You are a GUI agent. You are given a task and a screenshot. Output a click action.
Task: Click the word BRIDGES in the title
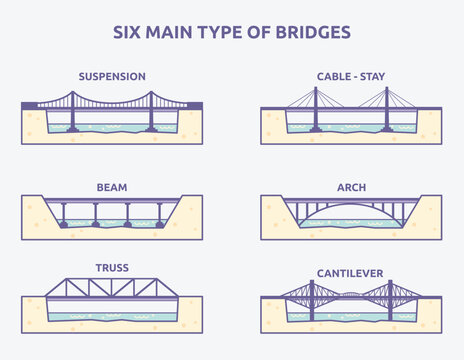pyautogui.click(x=314, y=32)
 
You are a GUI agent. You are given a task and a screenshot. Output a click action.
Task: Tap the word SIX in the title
pyautogui.click(x=127, y=32)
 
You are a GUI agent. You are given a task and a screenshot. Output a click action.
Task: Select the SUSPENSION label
pyautogui.click(x=113, y=76)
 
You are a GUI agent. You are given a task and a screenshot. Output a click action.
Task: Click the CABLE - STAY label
pyautogui.click(x=350, y=76)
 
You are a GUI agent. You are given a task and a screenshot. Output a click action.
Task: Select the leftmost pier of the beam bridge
pyautogui.click(x=64, y=214)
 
